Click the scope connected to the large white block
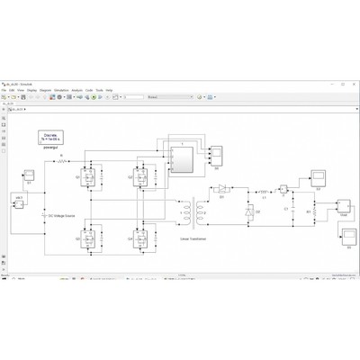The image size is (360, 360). [216, 157]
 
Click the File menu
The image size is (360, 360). [5, 91]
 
